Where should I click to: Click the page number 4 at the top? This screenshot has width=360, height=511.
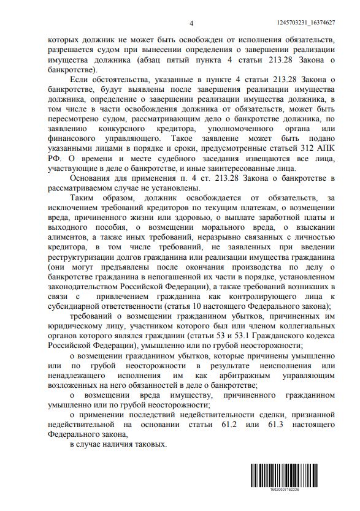[x=191, y=23]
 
